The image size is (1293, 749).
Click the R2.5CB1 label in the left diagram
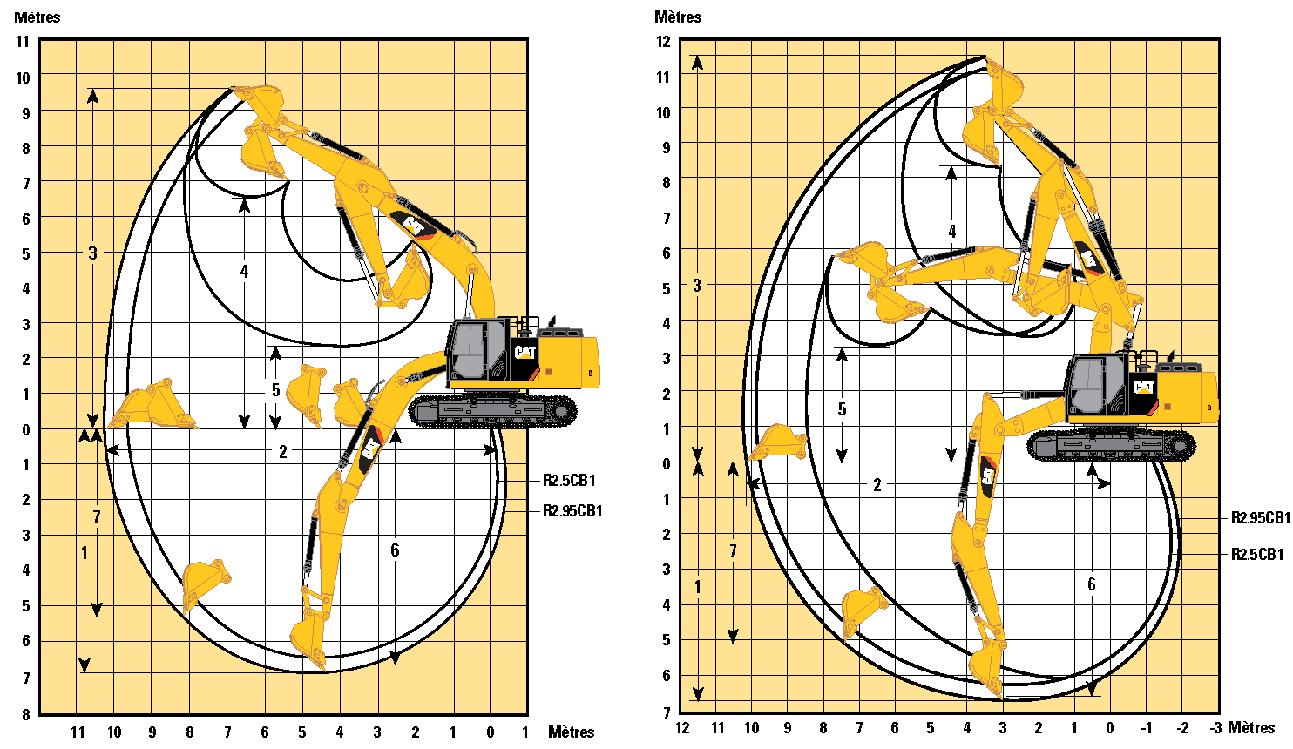569,481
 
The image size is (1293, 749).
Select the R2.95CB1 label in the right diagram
1260,518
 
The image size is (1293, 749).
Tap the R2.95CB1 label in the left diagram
572,511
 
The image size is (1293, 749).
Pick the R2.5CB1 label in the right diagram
1256,554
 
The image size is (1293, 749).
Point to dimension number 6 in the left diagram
395,550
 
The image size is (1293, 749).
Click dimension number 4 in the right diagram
952,232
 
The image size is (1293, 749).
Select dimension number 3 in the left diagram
93,253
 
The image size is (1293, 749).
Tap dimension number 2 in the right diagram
877,485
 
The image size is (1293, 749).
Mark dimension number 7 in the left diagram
97,517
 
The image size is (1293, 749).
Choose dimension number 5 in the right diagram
842,409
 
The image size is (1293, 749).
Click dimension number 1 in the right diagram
698,588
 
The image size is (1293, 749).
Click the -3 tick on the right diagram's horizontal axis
1215,728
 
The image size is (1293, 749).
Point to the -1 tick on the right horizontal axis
1147,728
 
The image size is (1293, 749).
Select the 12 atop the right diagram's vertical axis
664,42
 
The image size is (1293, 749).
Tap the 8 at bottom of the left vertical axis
26,714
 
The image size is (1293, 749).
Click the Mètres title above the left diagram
37,17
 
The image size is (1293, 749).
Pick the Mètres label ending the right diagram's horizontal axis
1251,728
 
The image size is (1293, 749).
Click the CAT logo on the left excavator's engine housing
525,352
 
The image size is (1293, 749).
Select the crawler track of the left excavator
493,411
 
